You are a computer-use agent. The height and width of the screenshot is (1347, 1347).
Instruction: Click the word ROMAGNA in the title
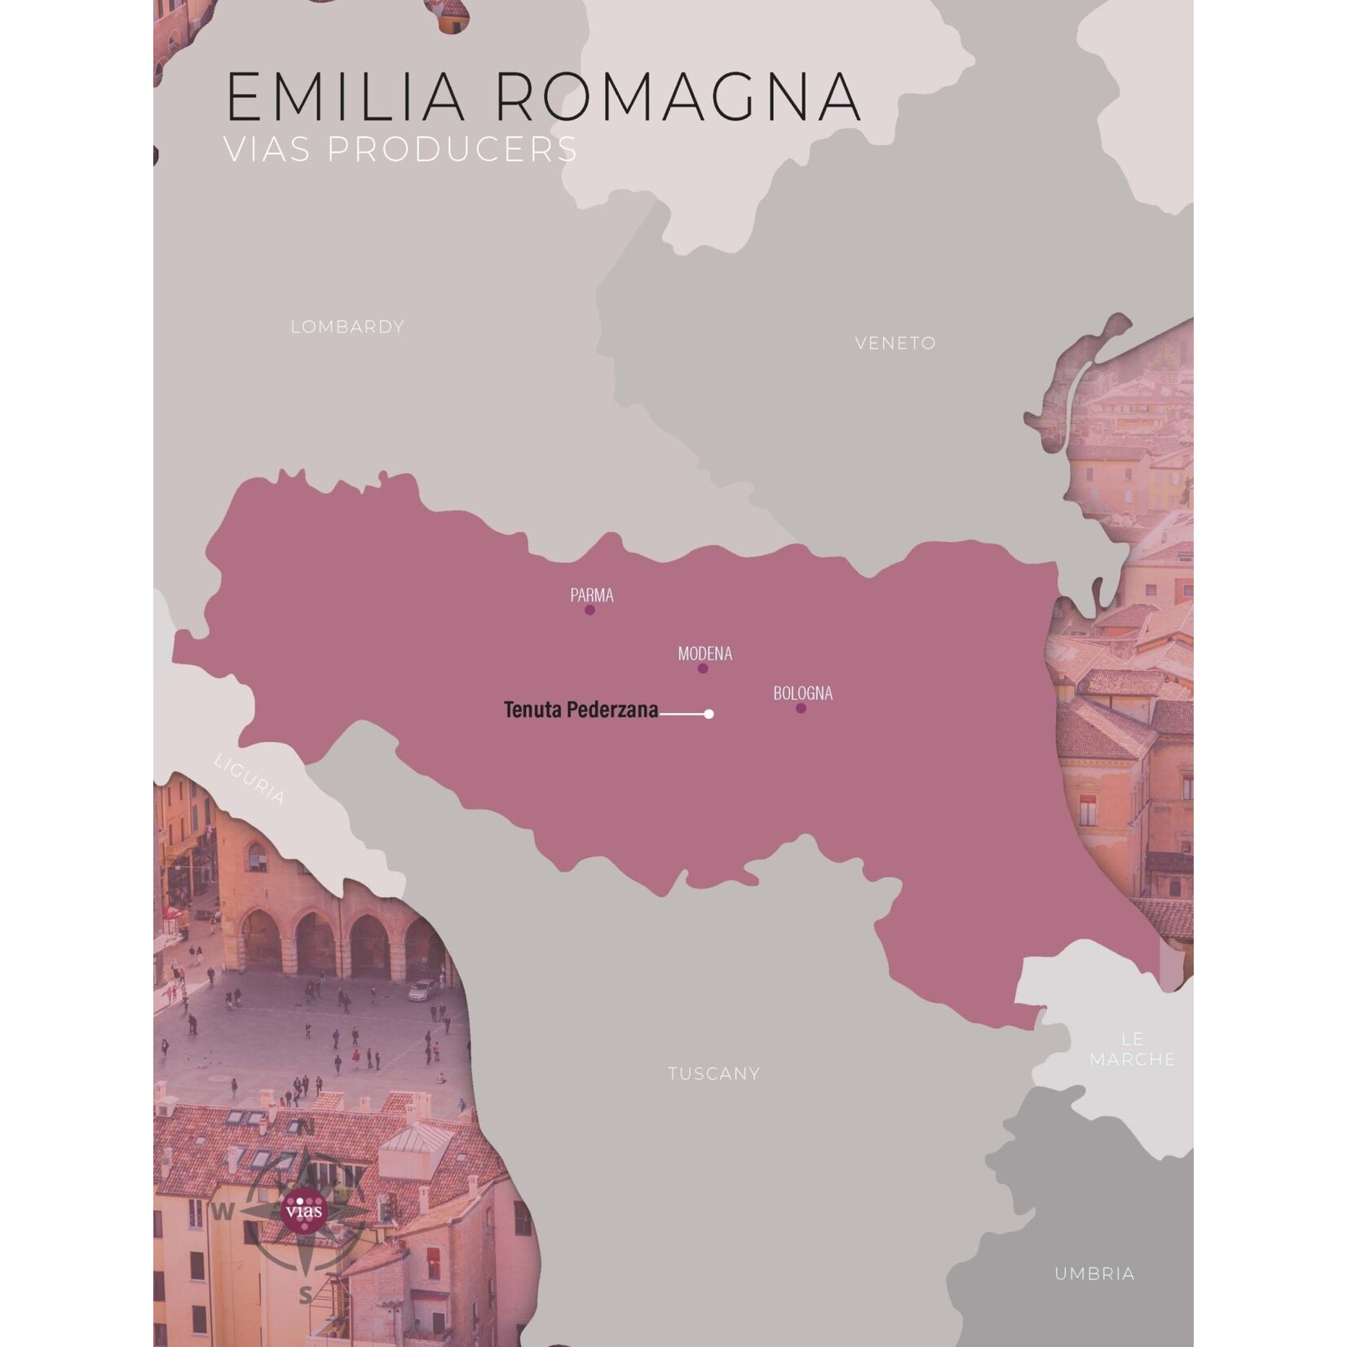click(678, 97)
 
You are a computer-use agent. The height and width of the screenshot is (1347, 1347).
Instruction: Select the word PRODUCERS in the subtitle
click(453, 149)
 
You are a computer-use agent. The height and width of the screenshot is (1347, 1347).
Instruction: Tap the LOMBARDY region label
click(347, 327)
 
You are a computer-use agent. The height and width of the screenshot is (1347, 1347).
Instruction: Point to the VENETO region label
click(895, 343)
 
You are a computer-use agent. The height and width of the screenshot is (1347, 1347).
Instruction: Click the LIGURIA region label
click(250, 779)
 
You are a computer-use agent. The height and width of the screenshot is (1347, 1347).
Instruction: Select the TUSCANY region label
click(713, 1074)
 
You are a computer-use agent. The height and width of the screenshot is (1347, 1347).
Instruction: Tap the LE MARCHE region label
click(1133, 1049)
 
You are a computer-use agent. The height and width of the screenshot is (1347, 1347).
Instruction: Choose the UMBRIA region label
click(1094, 1274)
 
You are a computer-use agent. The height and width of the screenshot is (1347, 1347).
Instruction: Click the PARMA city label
click(592, 595)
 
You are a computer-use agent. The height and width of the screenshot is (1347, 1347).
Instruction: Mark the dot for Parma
click(590, 610)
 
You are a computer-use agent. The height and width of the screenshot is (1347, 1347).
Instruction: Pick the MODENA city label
click(705, 653)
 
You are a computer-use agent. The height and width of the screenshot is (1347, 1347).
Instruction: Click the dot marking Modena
click(703, 669)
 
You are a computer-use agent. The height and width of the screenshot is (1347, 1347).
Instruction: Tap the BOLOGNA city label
click(803, 693)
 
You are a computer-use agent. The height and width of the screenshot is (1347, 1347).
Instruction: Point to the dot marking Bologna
click(801, 709)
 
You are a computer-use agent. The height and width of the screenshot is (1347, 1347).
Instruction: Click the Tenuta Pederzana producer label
click(581, 710)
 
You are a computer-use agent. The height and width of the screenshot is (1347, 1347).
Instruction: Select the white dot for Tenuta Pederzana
click(709, 714)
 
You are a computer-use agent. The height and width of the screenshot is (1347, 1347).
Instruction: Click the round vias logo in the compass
click(303, 1210)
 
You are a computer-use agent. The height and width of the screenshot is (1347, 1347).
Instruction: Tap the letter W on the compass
click(223, 1212)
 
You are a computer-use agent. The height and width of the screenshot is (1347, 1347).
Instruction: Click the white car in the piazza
click(422, 990)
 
